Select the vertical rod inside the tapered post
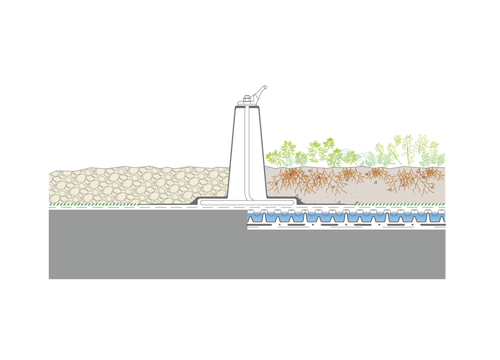click(247, 147)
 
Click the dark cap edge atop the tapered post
click(247, 107)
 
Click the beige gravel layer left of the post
click(137, 186)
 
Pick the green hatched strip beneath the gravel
click(93, 204)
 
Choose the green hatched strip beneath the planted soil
click(400, 204)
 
